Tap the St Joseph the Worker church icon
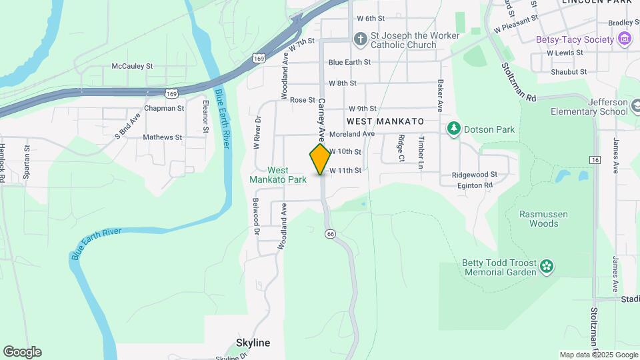tap(360, 39)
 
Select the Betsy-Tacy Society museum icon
tap(624, 39)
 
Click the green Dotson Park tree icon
tap(454, 128)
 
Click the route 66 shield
tap(330, 233)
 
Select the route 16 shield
tap(595, 160)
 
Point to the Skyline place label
tap(253, 343)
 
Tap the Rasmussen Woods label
tap(539, 219)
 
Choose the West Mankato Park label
tap(278, 175)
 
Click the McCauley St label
tap(132, 66)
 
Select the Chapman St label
tap(164, 108)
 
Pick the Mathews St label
tap(162, 137)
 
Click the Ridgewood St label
tap(475, 175)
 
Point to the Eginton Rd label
tap(475, 185)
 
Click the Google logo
tap(22, 352)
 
